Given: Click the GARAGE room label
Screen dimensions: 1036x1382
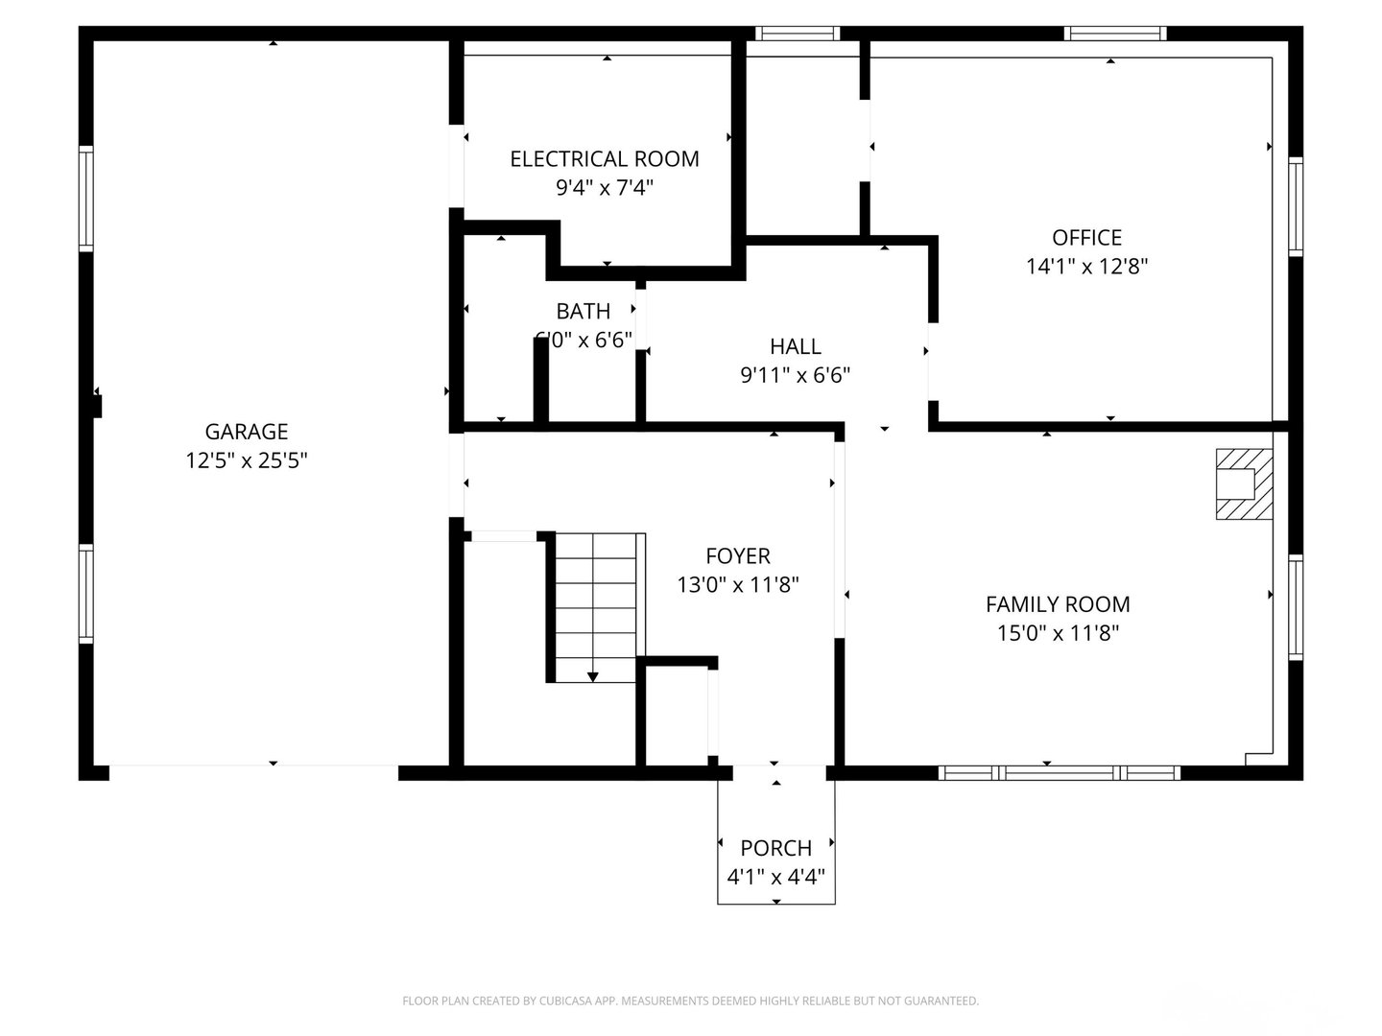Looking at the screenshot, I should pos(246,432).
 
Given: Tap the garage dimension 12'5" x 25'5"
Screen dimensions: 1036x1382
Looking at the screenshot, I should pos(246,461).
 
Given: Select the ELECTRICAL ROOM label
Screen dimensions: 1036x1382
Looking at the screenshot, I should pos(604,159).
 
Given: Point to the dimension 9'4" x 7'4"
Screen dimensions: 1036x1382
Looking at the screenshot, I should pos(604,188).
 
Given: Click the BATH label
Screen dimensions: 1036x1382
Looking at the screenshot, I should pos(583,311).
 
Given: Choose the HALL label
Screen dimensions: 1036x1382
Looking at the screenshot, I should pos(795,346).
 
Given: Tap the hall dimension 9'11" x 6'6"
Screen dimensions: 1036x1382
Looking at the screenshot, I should pos(795,375).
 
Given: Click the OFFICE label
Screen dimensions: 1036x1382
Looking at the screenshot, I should pos(1086,238).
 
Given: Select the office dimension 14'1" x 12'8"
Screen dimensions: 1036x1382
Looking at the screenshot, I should pos(1086,267).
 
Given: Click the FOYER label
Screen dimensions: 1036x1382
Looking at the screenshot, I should pos(737,556).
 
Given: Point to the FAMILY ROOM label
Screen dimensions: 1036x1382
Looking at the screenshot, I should pos(1058,604).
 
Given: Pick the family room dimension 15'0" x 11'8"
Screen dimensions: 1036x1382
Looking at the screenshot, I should pos(1058,633).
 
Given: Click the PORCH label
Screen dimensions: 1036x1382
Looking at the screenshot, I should pos(775,848).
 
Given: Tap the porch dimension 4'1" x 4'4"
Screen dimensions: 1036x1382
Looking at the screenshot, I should pos(775,877).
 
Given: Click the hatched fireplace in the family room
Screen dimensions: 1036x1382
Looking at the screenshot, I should pos(1244,484).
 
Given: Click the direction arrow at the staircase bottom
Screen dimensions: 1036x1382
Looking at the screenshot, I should pos(592,676).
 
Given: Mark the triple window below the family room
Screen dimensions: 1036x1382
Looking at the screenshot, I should pos(1059,772).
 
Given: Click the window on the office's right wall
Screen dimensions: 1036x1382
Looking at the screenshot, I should pos(1296,206).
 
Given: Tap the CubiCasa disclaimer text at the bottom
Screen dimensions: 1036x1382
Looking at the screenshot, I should pos(690,1001).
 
